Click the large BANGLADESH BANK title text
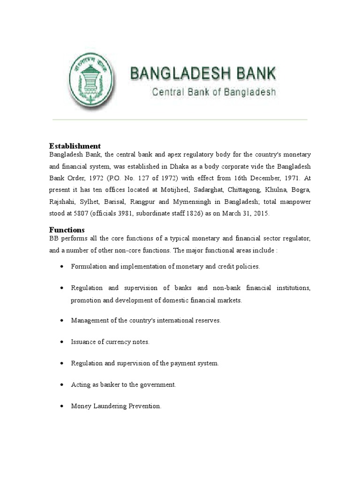pos(203,74)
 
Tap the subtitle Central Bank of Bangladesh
pos(213,92)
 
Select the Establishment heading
pos(75,146)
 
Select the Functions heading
pos(67,230)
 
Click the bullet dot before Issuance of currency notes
pos(63,342)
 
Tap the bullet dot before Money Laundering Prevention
pos(63,406)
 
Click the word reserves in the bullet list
pos(208,321)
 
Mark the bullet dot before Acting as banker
pos(63,385)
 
